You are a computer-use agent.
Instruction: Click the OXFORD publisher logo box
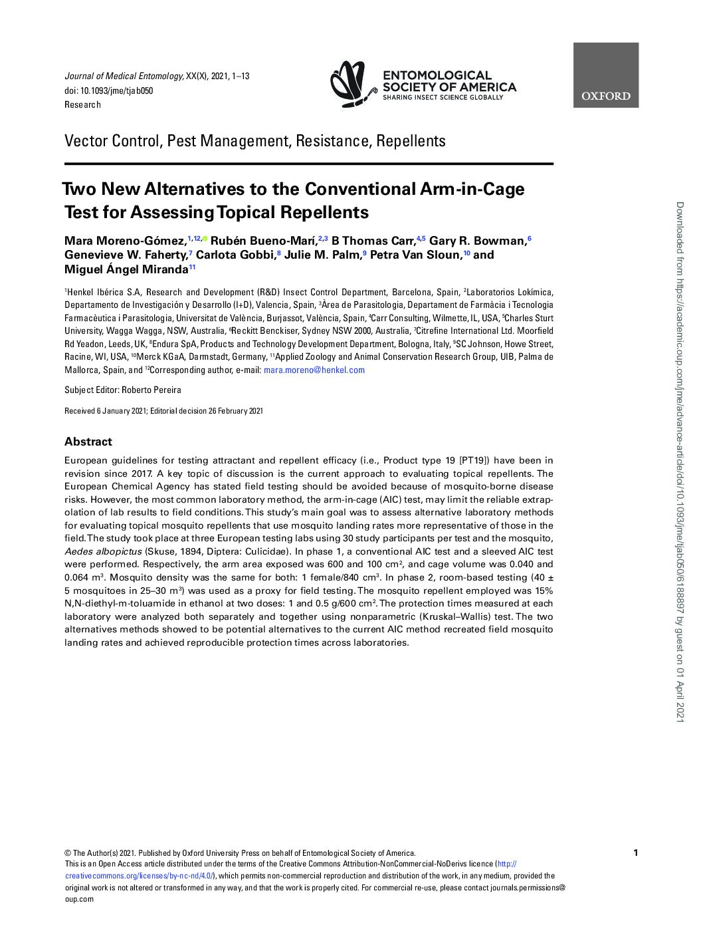coord(605,75)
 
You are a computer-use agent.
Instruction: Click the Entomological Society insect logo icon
coord(353,84)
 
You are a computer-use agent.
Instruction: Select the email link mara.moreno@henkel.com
coord(314,370)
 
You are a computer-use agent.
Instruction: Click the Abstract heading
coord(88,442)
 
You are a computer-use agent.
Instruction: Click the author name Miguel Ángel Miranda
coord(126,269)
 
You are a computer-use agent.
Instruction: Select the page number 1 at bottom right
coord(636,853)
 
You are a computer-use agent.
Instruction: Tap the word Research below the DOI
coord(83,104)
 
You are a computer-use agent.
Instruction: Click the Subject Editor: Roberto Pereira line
coord(123,390)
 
